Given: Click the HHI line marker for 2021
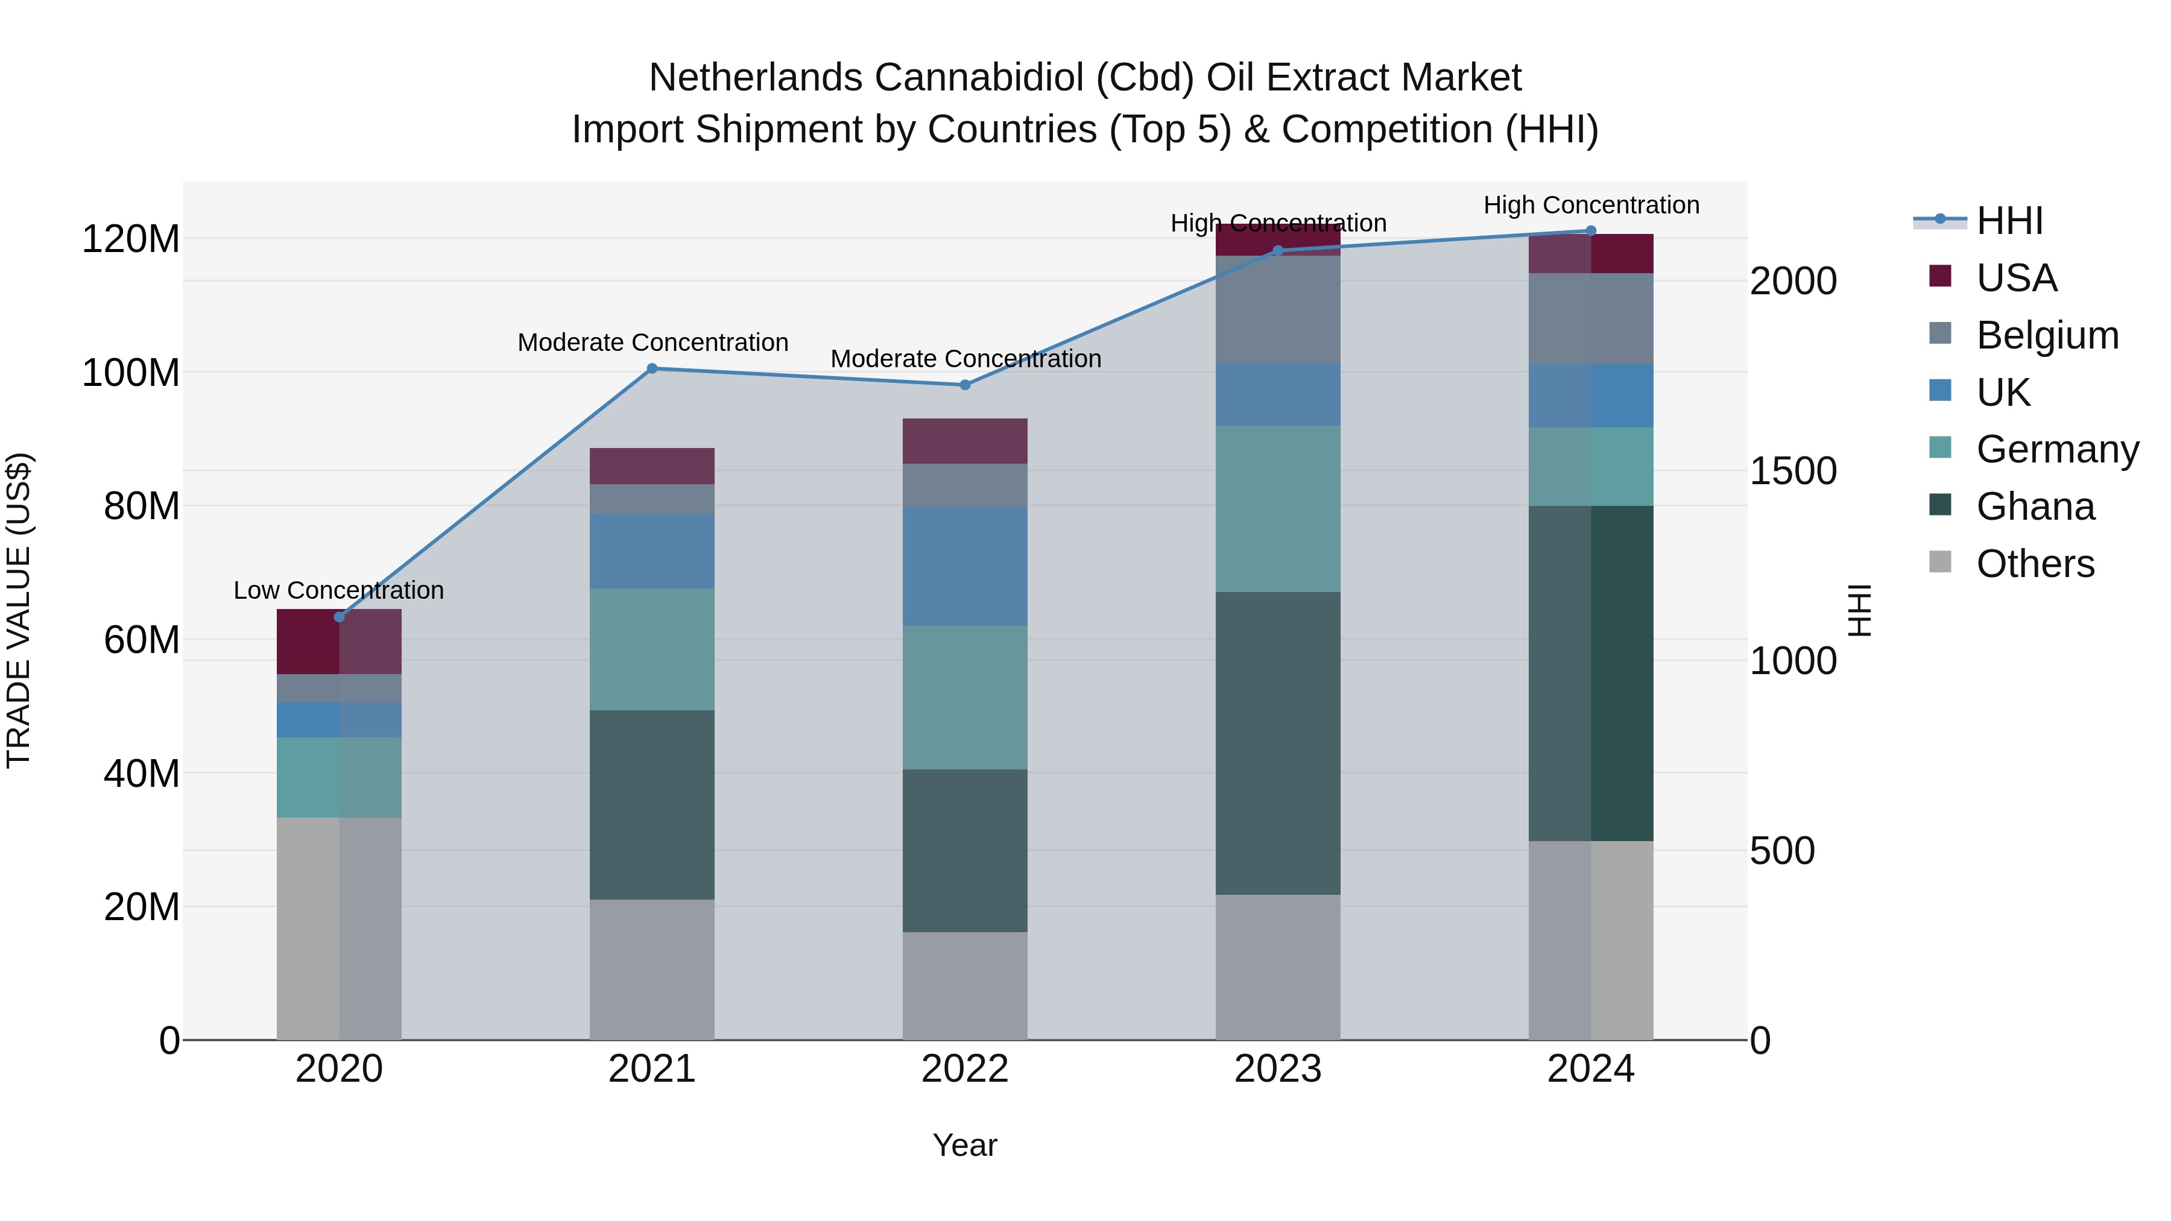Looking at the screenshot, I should pyautogui.click(x=651, y=368).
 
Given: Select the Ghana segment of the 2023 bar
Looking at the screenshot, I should pyautogui.click(x=1278, y=743).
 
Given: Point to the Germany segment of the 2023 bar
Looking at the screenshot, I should pyautogui.click(x=1278, y=508).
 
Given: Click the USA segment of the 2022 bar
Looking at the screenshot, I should pyautogui.click(x=965, y=441).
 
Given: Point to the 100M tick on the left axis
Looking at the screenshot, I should pyautogui.click(x=131, y=373).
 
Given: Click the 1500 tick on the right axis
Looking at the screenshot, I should pyautogui.click(x=1793, y=471).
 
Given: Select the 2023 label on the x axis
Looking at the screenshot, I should pyautogui.click(x=1278, y=1069).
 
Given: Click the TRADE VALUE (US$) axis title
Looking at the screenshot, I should pyautogui.click(x=19, y=610).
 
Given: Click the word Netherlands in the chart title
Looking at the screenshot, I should pyautogui.click(x=755, y=78).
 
